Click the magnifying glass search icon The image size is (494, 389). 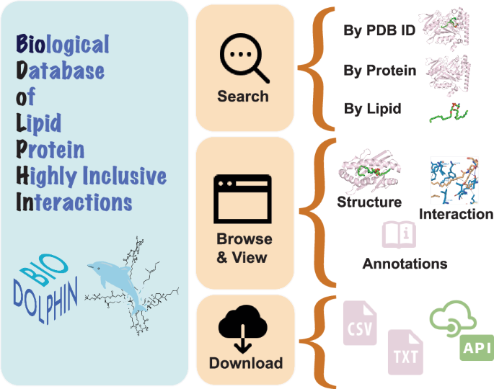click(244, 58)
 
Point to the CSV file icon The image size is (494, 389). click(359, 324)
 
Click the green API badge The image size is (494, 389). click(476, 349)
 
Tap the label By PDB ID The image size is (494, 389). click(379, 32)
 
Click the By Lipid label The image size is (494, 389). click(373, 109)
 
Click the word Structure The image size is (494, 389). click(369, 202)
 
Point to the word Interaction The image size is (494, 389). click(456, 214)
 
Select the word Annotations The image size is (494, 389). click(405, 264)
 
